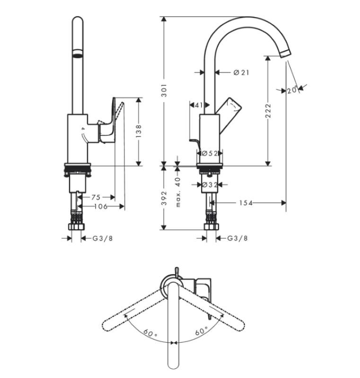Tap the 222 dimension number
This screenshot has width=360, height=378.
268,112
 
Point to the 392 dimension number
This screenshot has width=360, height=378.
164,198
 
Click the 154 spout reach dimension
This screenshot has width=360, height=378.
246,203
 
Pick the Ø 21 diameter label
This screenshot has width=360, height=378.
241,72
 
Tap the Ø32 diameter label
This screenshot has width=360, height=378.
209,185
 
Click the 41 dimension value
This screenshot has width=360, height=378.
199,105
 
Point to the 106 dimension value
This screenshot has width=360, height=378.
100,206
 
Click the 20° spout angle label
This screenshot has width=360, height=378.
292,90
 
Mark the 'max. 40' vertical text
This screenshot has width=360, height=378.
178,192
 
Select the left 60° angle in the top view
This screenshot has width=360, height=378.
150,333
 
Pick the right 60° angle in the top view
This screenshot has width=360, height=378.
201,332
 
